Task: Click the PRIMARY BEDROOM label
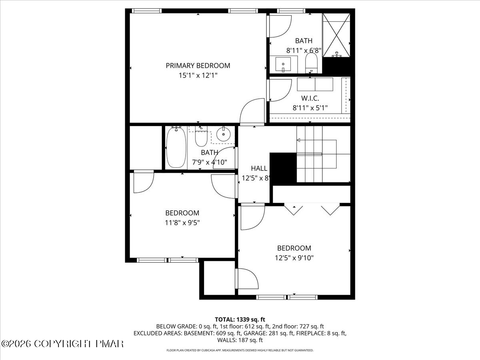point(198,66)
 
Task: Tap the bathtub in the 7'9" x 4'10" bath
point(176,147)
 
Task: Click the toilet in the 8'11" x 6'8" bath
point(311,63)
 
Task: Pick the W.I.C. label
point(310,98)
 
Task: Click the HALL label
point(259,168)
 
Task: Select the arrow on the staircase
point(298,140)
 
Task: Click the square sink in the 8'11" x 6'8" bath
point(284,64)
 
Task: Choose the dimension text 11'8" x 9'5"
point(182,222)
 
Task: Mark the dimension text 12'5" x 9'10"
point(294,258)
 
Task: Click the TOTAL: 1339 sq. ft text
point(240,319)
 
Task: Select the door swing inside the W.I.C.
point(280,90)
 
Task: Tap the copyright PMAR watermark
point(63,344)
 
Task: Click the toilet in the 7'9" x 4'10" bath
point(200,138)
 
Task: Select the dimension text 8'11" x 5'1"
point(310,107)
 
